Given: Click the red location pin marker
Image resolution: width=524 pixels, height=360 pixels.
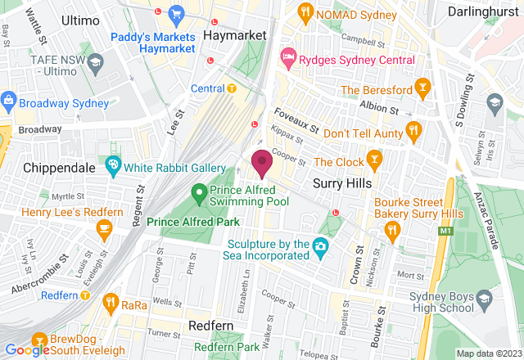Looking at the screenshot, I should pyautogui.click(x=262, y=163).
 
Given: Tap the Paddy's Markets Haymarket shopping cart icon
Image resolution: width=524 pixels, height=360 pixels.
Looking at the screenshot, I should pyautogui.click(x=176, y=13).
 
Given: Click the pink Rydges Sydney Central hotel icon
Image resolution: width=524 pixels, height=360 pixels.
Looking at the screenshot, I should pyautogui.click(x=288, y=57).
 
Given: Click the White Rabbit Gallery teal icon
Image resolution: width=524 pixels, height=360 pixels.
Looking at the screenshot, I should pyautogui.click(x=113, y=166).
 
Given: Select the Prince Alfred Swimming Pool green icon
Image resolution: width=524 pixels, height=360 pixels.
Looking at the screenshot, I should pyautogui.click(x=198, y=193).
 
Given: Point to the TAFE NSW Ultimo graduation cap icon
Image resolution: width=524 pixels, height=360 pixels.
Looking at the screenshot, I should pyautogui.click(x=96, y=62).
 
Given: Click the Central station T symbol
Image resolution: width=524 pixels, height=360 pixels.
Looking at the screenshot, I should pyautogui.click(x=232, y=88).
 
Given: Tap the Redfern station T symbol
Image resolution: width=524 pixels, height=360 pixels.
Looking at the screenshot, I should pyautogui.click(x=84, y=295).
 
